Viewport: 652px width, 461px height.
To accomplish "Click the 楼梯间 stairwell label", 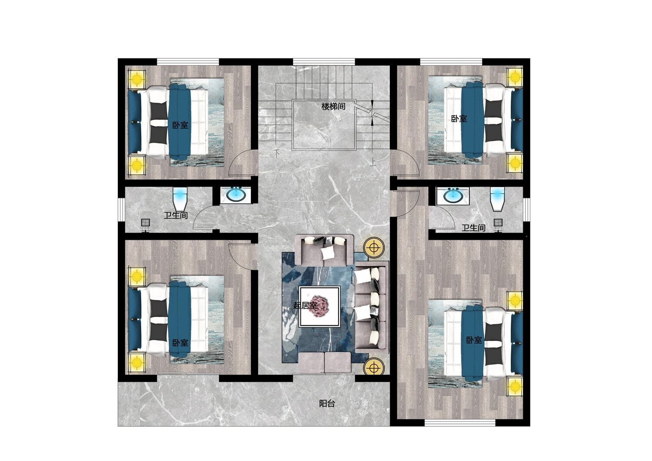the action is pyautogui.click(x=333, y=106).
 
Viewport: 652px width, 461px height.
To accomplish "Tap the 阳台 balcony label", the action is pyautogui.click(x=327, y=403).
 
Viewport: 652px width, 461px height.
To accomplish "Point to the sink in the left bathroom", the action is pyautogui.click(x=236, y=195).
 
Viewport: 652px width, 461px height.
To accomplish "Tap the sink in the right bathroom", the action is pyautogui.click(x=452, y=195).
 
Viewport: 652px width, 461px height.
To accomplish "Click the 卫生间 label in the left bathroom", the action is pyautogui.click(x=176, y=216).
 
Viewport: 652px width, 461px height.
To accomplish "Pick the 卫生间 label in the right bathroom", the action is pyautogui.click(x=474, y=228).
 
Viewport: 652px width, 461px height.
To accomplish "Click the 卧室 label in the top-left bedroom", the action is pyautogui.click(x=180, y=126).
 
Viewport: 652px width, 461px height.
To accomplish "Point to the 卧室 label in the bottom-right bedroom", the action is pyautogui.click(x=474, y=340).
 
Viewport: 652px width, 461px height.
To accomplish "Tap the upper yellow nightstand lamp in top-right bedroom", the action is pyautogui.click(x=515, y=77).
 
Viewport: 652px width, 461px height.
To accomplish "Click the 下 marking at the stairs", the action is pyautogui.click(x=277, y=154).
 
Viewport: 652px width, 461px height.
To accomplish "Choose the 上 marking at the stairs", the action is pyautogui.click(x=373, y=162).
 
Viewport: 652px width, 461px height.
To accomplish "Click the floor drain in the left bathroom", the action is pyautogui.click(x=146, y=223).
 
